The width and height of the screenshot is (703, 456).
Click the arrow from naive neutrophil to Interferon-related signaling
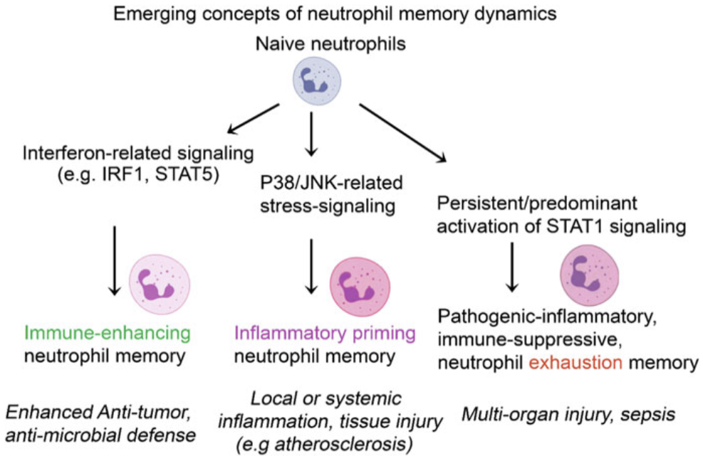[252, 119]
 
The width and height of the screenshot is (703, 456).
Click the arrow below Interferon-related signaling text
[113, 260]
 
